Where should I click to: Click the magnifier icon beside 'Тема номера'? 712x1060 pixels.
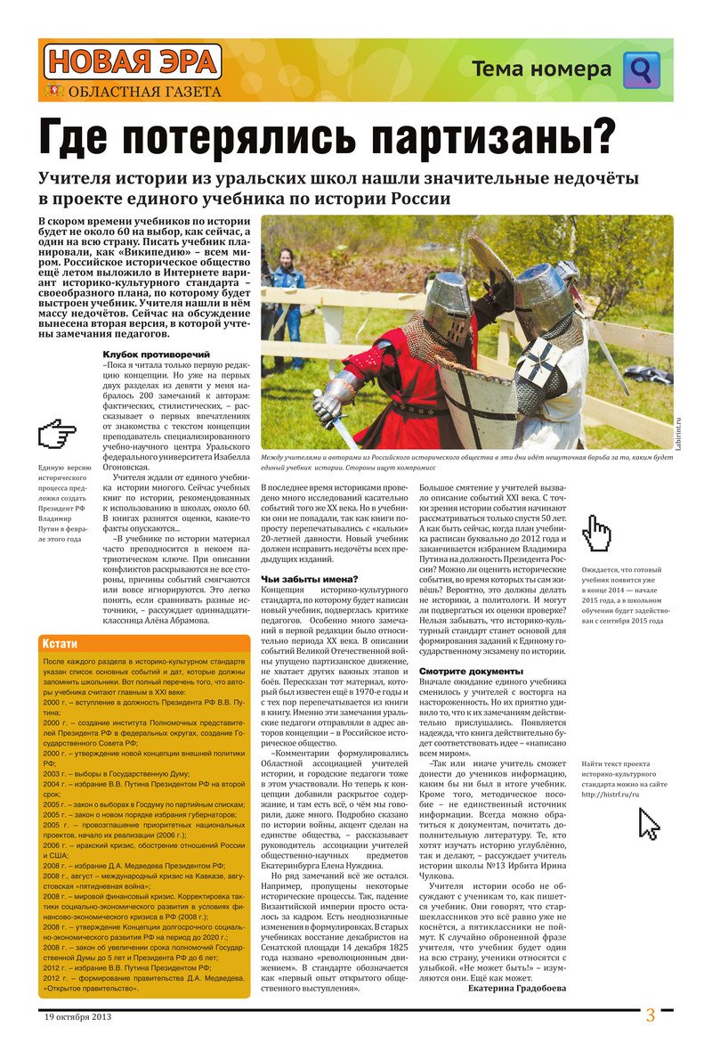[x=641, y=69]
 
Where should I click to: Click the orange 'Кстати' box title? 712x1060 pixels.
[x=61, y=644]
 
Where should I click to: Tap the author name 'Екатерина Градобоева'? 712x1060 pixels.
[x=515, y=987]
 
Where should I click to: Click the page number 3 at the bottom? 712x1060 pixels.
[x=651, y=1015]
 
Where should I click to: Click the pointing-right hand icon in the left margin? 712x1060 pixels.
[x=58, y=436]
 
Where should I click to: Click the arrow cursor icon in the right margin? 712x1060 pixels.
[x=650, y=825]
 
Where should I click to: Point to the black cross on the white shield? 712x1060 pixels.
[x=540, y=361]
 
